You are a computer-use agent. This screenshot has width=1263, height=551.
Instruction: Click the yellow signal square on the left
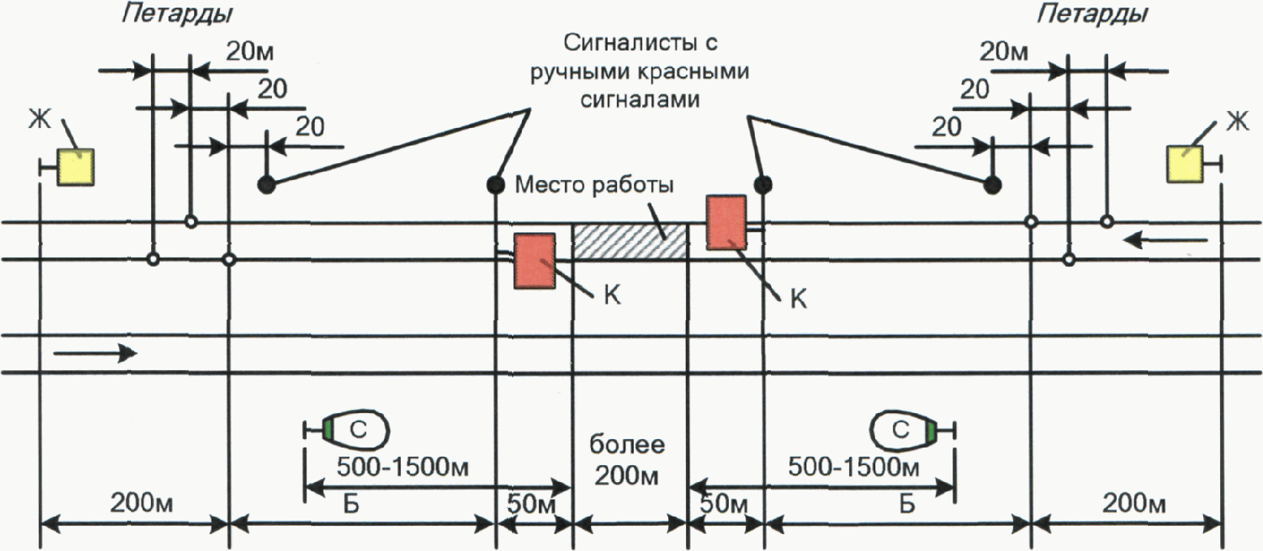coord(77,166)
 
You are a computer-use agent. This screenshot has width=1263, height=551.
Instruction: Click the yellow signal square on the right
coord(1185,165)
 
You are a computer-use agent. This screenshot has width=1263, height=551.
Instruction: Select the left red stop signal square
coord(535,261)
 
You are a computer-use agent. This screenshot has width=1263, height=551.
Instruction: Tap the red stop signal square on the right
coord(727,222)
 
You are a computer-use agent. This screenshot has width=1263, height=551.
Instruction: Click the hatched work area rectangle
coord(630,241)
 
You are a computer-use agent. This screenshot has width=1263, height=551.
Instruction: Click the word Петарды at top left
coord(177,14)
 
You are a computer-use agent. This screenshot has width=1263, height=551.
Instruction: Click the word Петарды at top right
coord(1092,14)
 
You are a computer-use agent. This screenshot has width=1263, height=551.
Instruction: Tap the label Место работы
coord(595,185)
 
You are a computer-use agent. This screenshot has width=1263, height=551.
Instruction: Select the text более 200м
coord(627,460)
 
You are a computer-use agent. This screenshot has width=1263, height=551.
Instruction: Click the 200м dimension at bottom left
coord(142,503)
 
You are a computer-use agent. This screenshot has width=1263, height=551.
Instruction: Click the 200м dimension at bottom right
coord(1134,503)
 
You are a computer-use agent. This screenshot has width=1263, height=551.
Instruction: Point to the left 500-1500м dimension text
coord(403,467)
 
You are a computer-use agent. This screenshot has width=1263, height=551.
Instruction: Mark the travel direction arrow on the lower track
coord(95,353)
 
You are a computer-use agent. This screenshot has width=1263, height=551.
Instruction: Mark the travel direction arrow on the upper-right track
coord(1165,241)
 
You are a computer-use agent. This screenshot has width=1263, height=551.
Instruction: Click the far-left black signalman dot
coord(266,185)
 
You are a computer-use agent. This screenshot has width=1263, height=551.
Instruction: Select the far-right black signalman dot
coord(992,185)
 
